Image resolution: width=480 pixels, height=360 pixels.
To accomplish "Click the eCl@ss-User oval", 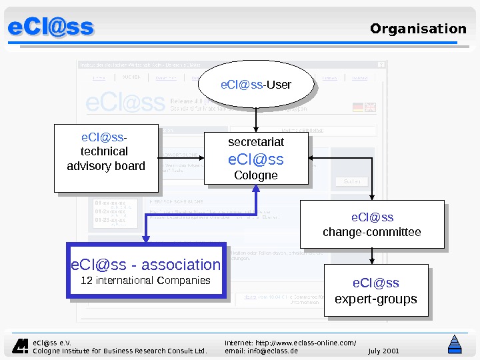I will tap(256, 85).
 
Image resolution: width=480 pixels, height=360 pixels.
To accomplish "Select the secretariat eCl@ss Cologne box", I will tap(256, 158).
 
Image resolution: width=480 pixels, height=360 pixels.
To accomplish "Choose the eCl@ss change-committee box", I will tap(372, 225).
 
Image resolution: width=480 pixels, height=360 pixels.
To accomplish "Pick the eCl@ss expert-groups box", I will tap(375, 291).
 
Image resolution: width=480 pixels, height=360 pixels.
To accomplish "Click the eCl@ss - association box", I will tap(146, 270).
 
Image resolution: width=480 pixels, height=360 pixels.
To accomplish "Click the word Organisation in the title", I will tap(418, 29).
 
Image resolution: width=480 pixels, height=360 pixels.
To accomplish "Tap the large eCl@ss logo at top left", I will tap(51, 28).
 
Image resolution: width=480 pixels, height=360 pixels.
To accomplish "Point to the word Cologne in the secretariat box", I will tap(256, 175).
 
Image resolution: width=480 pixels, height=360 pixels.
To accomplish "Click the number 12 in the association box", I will tap(86, 281).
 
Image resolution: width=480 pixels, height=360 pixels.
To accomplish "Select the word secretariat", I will tap(256, 142).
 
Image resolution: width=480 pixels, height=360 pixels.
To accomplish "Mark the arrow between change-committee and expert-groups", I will tap(372, 257).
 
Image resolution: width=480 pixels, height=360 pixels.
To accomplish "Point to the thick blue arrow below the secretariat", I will tap(256, 207).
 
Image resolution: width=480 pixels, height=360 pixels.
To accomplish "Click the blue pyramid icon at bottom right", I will tap(455, 344).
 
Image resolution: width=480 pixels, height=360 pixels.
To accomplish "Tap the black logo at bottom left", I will tap(22, 345).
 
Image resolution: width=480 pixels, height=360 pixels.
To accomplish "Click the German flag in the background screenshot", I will tap(358, 107).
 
